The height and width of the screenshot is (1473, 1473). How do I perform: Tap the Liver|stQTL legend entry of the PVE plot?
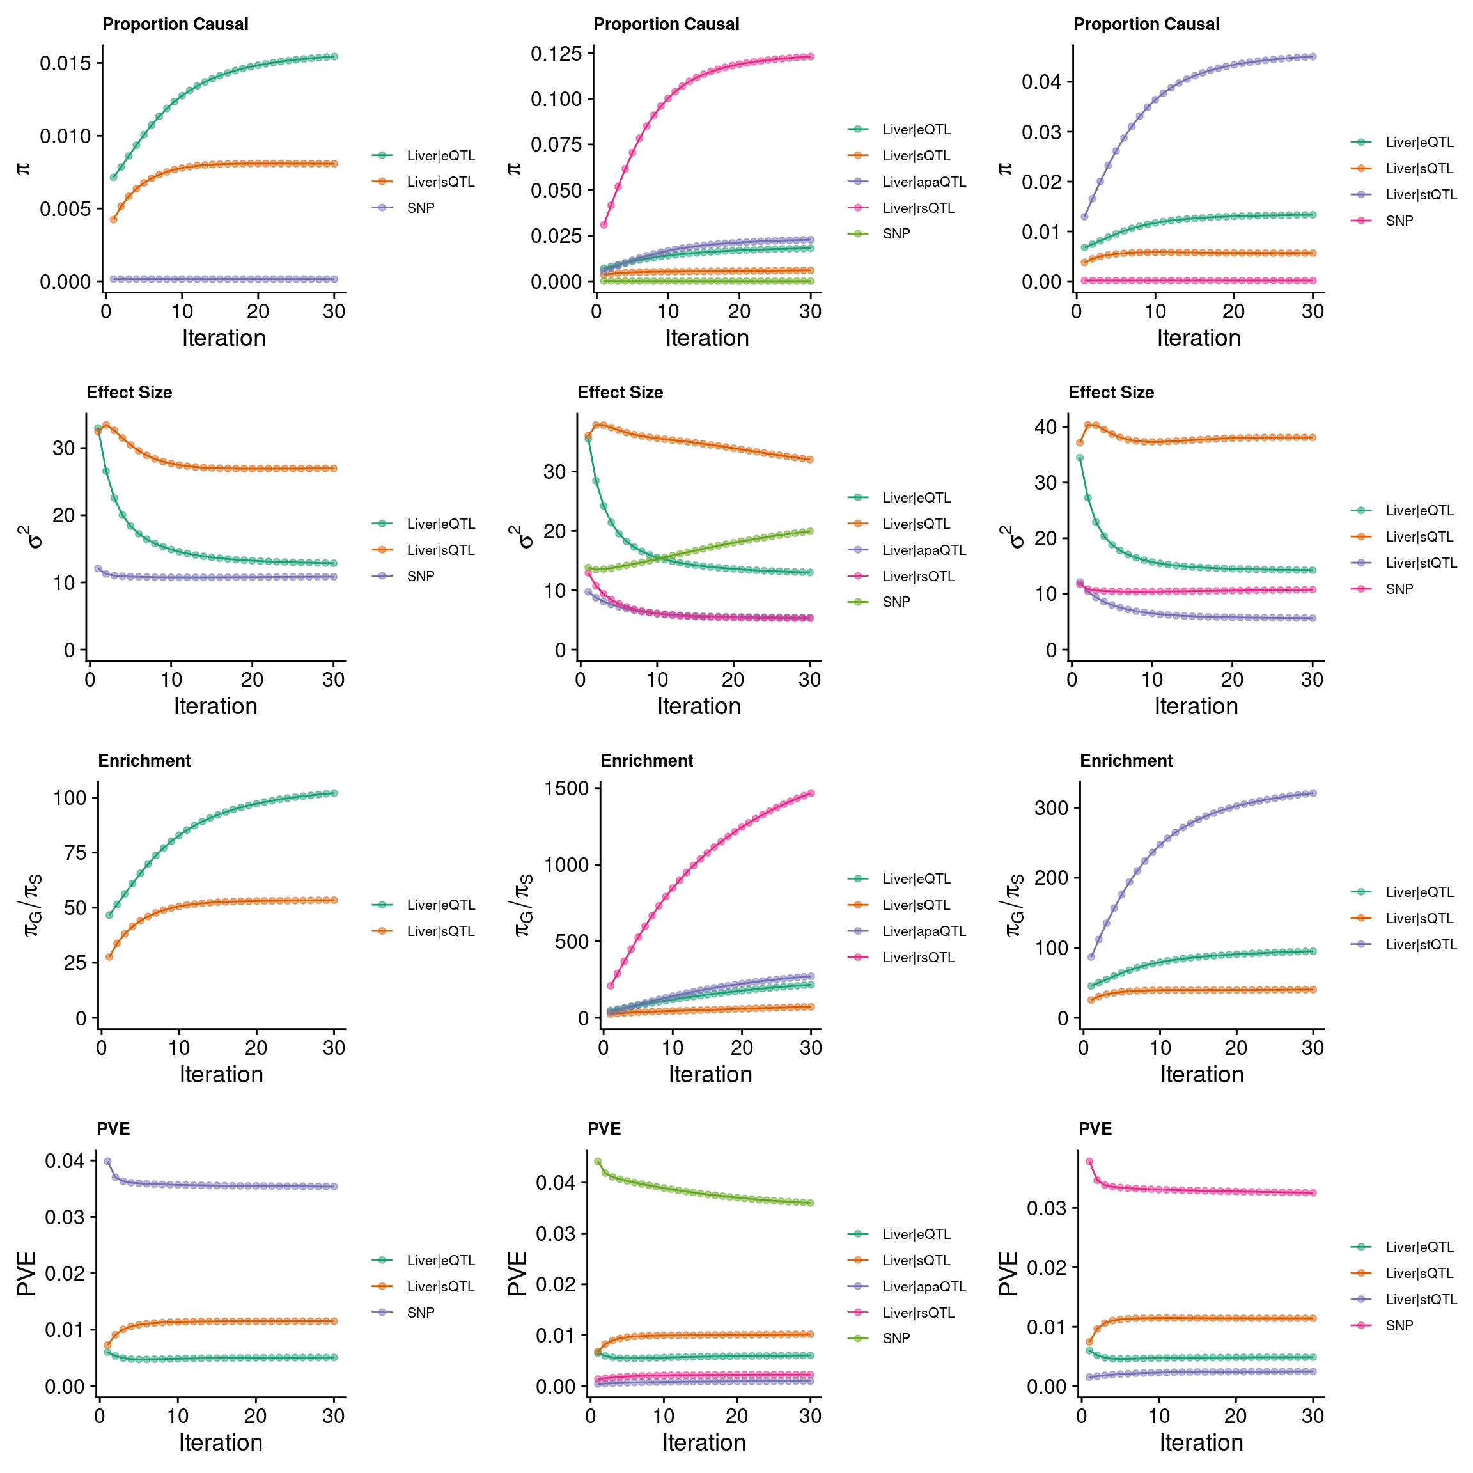[1421, 1299]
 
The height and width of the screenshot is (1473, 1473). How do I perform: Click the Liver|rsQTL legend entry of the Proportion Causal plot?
[918, 208]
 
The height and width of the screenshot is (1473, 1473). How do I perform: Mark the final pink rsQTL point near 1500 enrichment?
[811, 793]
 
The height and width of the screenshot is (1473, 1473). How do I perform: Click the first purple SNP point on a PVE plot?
[107, 1161]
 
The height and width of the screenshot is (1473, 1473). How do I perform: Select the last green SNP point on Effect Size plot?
[809, 531]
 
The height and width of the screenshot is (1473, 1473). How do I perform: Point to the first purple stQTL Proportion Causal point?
[1084, 217]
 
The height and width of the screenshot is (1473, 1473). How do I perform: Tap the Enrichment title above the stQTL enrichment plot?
[1126, 761]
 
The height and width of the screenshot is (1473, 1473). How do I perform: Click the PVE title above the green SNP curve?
[604, 1129]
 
